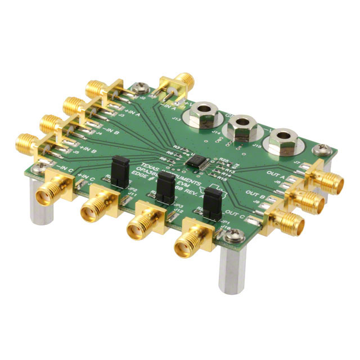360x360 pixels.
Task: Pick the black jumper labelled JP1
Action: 211,201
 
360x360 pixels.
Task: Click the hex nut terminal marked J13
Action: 201,112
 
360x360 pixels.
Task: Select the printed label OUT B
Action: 256,194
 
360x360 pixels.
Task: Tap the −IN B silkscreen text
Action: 106,133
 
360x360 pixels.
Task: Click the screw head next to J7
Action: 318,150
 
